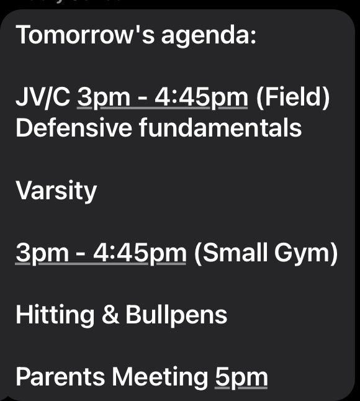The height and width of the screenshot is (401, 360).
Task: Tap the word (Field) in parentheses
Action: (292, 97)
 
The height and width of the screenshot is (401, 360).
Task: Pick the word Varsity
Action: (56, 191)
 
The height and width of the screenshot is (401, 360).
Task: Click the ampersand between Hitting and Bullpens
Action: (110, 315)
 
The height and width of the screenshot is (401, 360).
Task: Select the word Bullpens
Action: (176, 315)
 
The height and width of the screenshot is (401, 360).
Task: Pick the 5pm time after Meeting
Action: (241, 377)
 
